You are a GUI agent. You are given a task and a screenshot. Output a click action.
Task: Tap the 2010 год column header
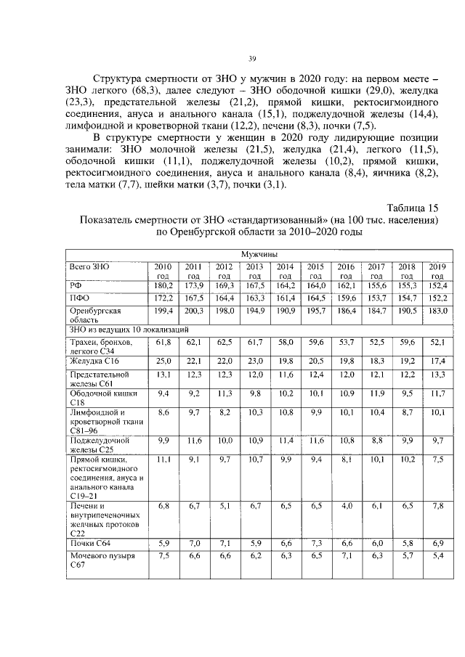[163, 271]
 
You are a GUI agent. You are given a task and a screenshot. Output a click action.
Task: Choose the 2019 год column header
[437, 271]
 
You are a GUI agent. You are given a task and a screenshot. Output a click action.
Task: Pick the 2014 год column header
[285, 271]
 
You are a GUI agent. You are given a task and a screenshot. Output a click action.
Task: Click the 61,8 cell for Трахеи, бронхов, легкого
[163, 340]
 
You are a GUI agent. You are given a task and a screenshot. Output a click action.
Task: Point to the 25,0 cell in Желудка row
[163, 361]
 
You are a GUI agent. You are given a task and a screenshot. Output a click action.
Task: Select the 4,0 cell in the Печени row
[347, 505]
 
